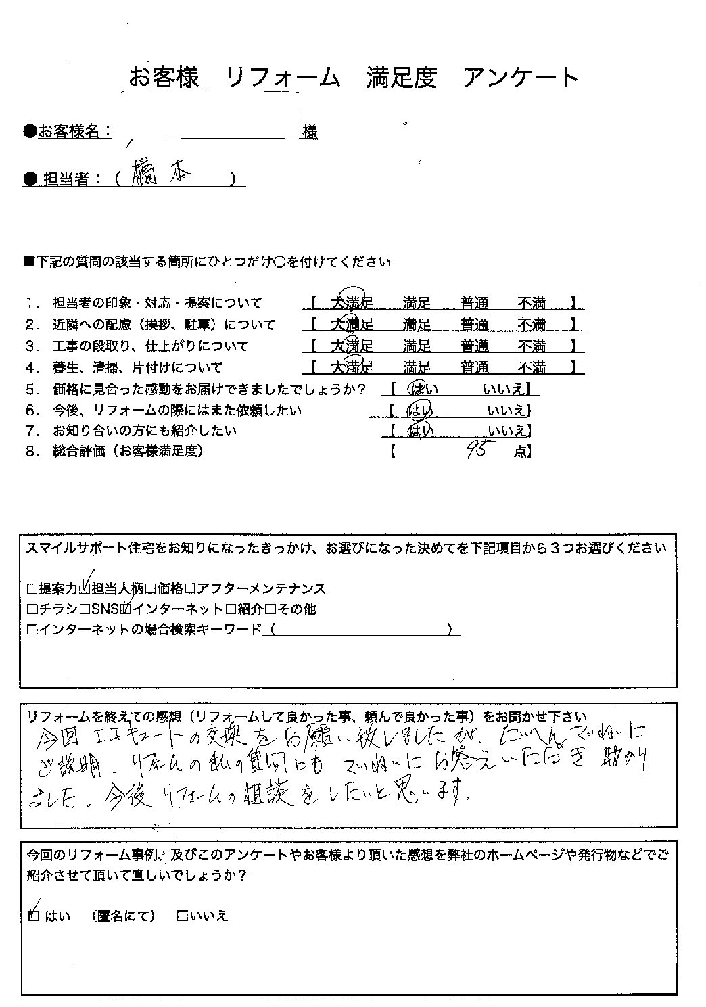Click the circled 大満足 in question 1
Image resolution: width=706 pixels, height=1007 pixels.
coord(352,303)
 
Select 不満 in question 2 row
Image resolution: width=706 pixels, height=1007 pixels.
coord(532,325)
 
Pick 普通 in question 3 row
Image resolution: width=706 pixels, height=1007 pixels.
coord(475,346)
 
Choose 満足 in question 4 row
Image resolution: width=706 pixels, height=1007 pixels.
coord(417,368)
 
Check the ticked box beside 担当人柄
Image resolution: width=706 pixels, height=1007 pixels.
coord(86,588)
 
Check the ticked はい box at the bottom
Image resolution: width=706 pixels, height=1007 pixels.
coord(35,916)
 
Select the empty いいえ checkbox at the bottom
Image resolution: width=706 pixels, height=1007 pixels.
coord(182,916)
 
